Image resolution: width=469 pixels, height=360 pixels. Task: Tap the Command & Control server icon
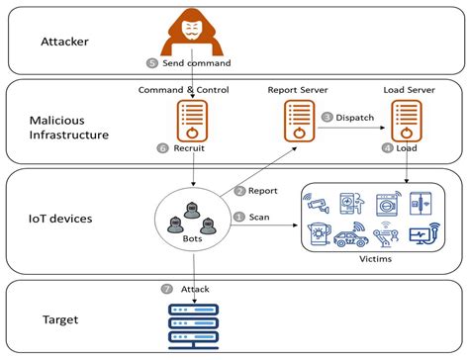[x=191, y=122]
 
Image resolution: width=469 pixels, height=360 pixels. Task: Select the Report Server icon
[x=296, y=122]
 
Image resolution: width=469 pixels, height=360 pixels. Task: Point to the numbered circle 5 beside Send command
[x=151, y=62]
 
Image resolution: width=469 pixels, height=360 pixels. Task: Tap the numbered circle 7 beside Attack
[x=166, y=288]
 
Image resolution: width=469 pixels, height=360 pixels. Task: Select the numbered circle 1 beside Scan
[x=239, y=216]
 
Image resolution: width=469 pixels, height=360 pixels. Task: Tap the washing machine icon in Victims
[x=387, y=202]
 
